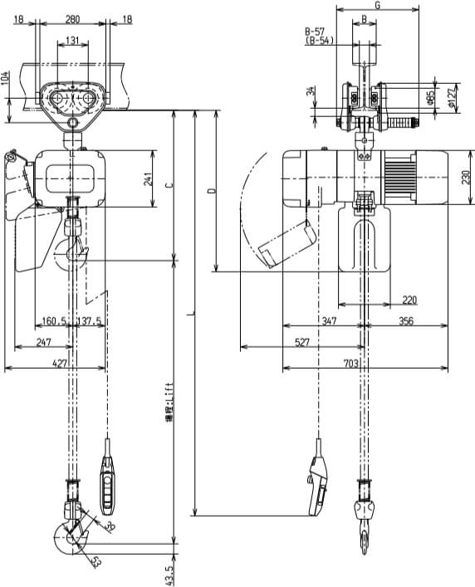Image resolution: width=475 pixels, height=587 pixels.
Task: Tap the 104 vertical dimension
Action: [x=7, y=80]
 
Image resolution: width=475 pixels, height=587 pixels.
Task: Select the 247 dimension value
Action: [x=43, y=341]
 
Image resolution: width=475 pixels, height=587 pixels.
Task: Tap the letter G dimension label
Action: [x=377, y=5]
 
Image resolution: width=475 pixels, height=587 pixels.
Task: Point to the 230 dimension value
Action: [x=467, y=177]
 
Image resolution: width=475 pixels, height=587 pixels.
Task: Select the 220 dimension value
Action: [x=409, y=299]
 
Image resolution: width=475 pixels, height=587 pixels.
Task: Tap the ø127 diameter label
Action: [x=452, y=98]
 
